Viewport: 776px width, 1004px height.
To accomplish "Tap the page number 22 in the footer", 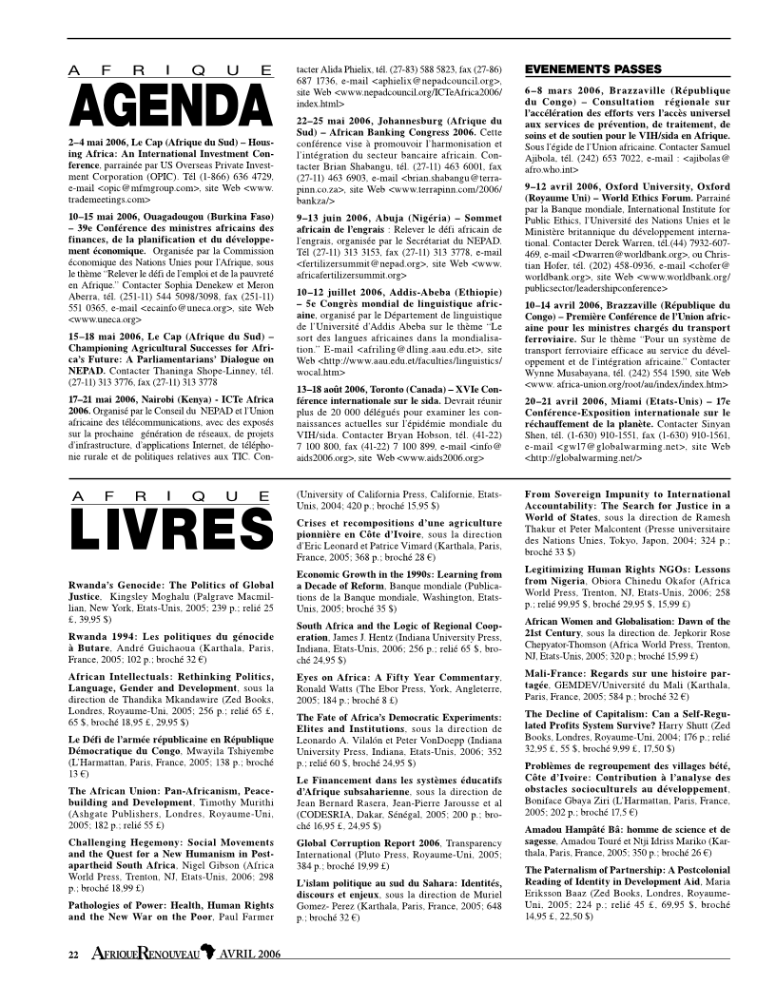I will [x=71, y=954].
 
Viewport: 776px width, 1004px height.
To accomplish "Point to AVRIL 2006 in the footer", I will [x=250, y=954].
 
